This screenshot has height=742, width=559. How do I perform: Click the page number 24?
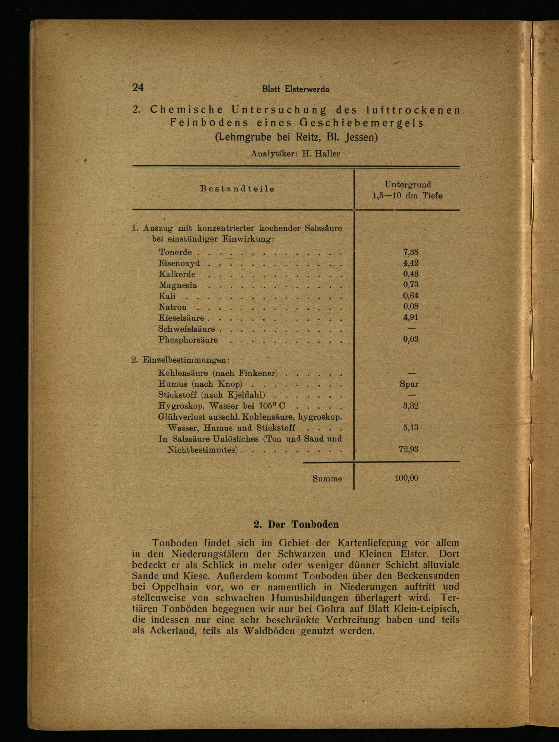pos(138,88)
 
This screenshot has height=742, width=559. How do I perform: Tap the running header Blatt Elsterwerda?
pos(295,89)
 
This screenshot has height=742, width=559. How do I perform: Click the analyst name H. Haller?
pos(321,154)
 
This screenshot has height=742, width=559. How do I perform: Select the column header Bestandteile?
pos(237,189)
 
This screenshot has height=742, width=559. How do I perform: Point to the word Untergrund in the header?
pos(408,185)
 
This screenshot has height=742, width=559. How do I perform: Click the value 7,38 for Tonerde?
pos(411,252)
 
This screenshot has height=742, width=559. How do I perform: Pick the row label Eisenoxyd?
pos(179,263)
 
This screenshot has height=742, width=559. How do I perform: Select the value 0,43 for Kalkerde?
pos(411,274)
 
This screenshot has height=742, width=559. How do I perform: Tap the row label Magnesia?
pos(178,285)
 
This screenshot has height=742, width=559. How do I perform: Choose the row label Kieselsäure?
pos(181,318)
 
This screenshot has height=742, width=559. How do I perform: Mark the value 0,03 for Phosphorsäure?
pos(411,339)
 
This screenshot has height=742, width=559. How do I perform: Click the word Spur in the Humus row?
pos(409,384)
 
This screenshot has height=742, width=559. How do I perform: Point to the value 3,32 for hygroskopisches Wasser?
pos(411,406)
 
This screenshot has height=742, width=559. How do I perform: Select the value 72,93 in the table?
pos(409,450)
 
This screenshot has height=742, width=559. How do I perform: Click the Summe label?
pos(327,479)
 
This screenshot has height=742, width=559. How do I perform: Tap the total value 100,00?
pos(407,478)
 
